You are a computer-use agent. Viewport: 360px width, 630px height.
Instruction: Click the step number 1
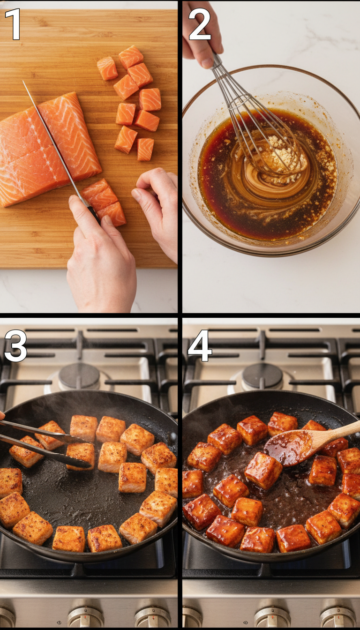point(13,24)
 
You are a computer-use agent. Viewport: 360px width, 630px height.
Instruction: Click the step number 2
point(200,24)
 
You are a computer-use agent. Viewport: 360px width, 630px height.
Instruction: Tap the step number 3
point(15,346)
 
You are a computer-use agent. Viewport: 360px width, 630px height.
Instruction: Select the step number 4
point(200,346)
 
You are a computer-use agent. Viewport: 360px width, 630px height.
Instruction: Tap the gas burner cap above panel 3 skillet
point(79,375)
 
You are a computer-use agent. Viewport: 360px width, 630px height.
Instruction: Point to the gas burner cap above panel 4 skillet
point(262,375)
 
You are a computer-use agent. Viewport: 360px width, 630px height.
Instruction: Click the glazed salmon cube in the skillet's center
point(263,470)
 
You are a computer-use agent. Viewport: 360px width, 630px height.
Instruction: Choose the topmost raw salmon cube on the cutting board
point(131,57)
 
